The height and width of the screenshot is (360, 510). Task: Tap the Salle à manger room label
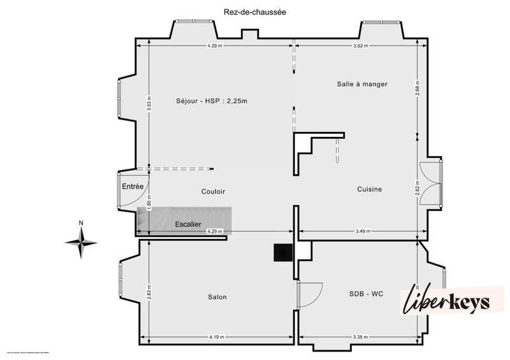click(362, 84)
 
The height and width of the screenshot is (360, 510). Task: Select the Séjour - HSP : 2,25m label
click(212, 100)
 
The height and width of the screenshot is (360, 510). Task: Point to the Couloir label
click(213, 191)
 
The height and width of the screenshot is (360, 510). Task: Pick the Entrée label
click(133, 186)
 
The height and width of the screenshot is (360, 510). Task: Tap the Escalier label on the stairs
click(188, 224)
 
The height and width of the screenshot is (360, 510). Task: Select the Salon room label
click(217, 297)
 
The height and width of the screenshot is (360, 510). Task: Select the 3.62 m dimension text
click(361, 46)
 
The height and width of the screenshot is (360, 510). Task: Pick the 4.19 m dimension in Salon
click(218, 338)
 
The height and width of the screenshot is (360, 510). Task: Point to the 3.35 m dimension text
click(361, 338)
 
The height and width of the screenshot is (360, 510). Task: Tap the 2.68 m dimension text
click(417, 87)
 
